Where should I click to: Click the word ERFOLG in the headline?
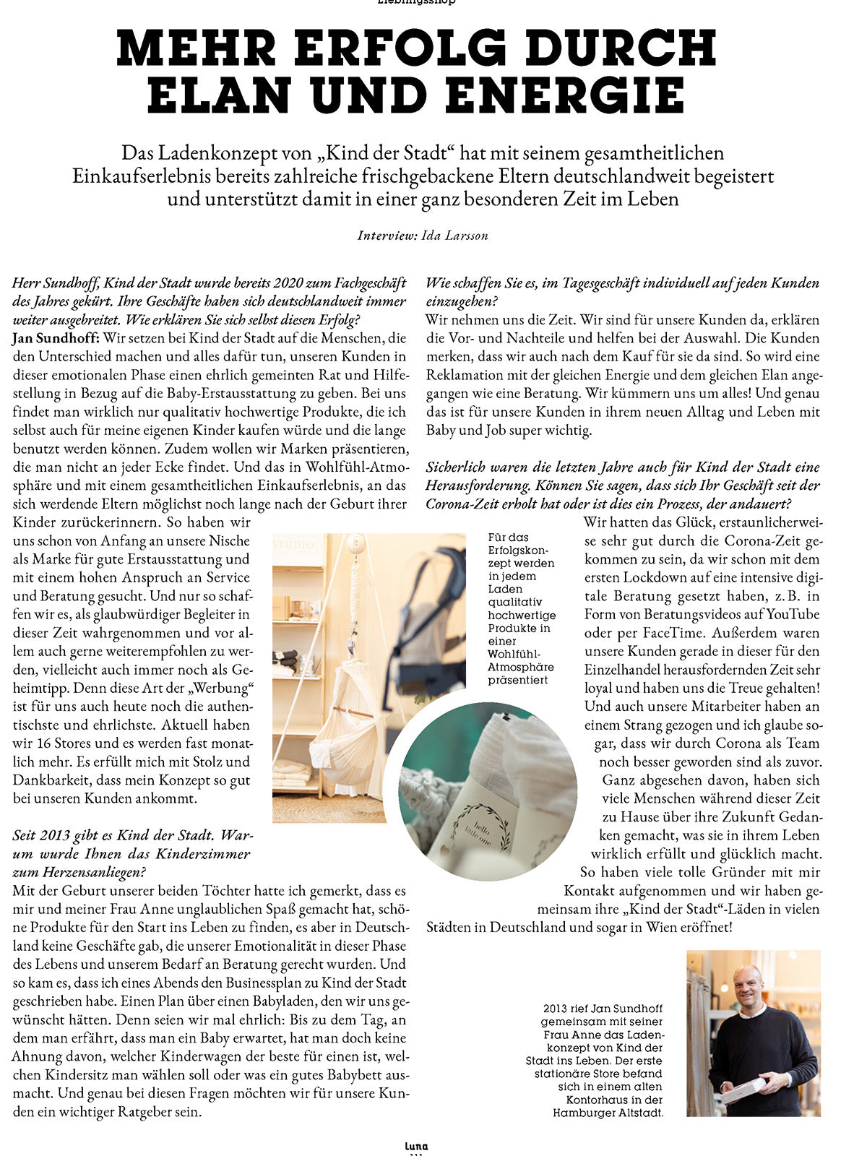coord(400,50)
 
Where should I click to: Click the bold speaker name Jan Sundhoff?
coord(55,338)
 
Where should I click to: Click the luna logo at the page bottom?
coord(417,1146)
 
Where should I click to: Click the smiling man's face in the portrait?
coord(749,987)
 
